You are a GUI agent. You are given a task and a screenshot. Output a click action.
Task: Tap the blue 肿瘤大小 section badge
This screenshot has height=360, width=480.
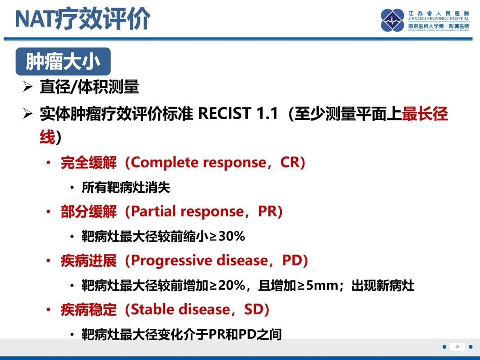point(63,62)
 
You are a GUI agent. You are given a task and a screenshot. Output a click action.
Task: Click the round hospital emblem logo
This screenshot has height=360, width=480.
point(392,20)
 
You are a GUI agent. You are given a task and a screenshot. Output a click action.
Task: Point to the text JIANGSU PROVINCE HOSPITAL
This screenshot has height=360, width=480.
point(439,19)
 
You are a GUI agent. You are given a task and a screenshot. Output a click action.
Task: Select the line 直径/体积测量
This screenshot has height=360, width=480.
point(89,87)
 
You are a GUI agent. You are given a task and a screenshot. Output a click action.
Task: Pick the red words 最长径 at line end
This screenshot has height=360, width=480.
point(425,114)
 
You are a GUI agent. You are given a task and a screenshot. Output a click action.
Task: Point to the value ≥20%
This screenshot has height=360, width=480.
point(227,285)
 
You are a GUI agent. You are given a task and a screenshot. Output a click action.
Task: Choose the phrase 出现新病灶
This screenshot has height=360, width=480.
point(383,285)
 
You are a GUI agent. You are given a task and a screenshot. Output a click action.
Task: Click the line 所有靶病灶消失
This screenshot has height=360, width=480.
point(126,188)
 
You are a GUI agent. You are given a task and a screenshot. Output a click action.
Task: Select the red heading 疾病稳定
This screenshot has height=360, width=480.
point(88,310)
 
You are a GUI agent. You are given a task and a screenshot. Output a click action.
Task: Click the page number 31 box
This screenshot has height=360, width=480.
point(457,347)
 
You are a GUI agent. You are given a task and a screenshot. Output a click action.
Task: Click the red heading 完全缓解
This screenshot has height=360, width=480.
point(88,163)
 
